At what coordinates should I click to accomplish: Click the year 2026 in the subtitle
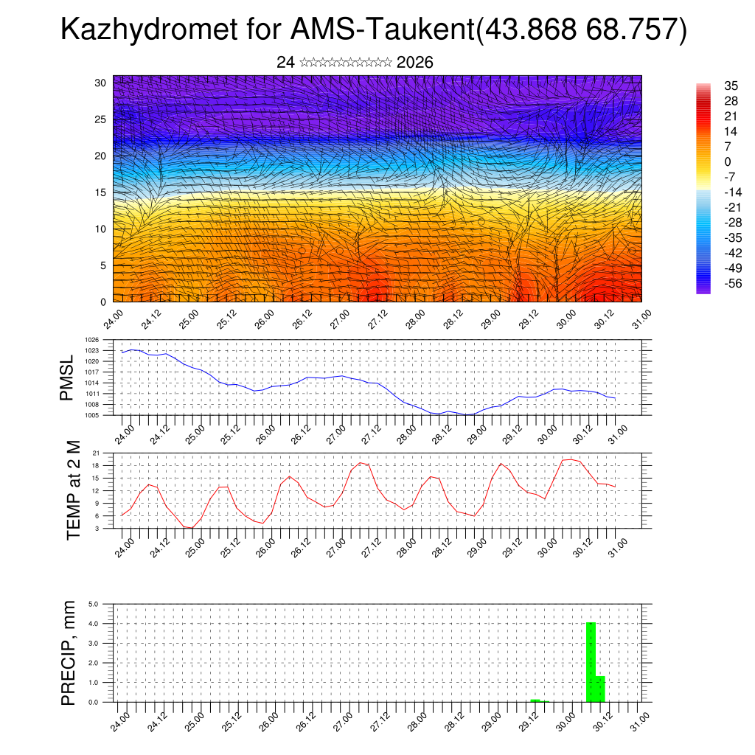coord(414,63)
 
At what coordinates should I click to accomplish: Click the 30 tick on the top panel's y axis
coord(100,83)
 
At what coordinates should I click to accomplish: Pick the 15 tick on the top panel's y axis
coord(100,192)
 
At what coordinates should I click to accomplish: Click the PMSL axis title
coord(67,377)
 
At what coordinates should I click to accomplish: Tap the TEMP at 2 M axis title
coord(73,490)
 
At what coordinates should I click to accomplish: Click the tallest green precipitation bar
coord(591,662)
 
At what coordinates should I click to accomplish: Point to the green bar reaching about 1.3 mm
coord(600,689)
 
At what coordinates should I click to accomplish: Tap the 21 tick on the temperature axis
coord(97,453)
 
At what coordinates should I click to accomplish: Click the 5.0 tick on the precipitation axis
coord(94,604)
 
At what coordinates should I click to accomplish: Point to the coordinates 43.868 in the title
coord(527,29)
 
